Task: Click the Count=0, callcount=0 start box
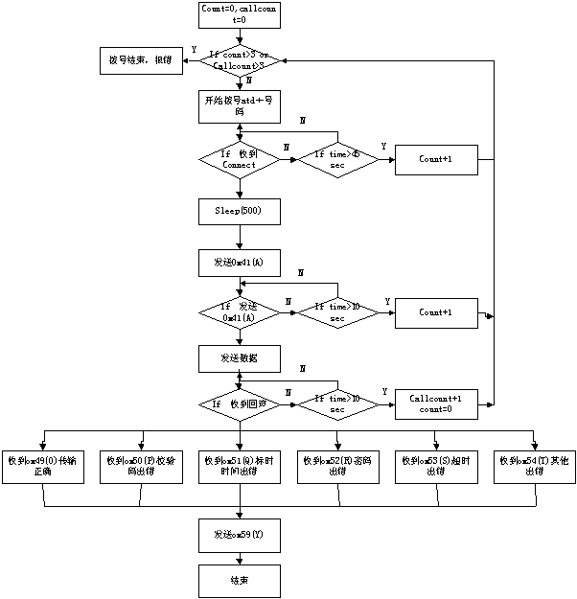click(240, 13)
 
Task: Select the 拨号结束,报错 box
click(142, 60)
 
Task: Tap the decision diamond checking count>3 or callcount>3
click(240, 60)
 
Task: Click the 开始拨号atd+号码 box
click(240, 106)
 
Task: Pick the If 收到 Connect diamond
click(240, 159)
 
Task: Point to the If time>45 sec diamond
click(337, 159)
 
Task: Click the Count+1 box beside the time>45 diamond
click(436, 159)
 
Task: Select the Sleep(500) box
click(240, 210)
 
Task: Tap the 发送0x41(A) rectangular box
click(240, 261)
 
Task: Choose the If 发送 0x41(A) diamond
click(240, 312)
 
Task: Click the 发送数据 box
click(240, 358)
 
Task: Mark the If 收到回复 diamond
click(240, 405)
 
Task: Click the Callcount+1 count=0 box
click(436, 403)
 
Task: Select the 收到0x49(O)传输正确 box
click(42, 467)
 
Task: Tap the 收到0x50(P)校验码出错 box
click(142, 467)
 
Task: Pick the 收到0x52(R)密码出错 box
click(337, 467)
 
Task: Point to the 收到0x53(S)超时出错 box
click(436, 467)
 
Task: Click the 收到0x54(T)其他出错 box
click(534, 467)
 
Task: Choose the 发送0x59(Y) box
click(240, 535)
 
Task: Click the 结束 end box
click(240, 581)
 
